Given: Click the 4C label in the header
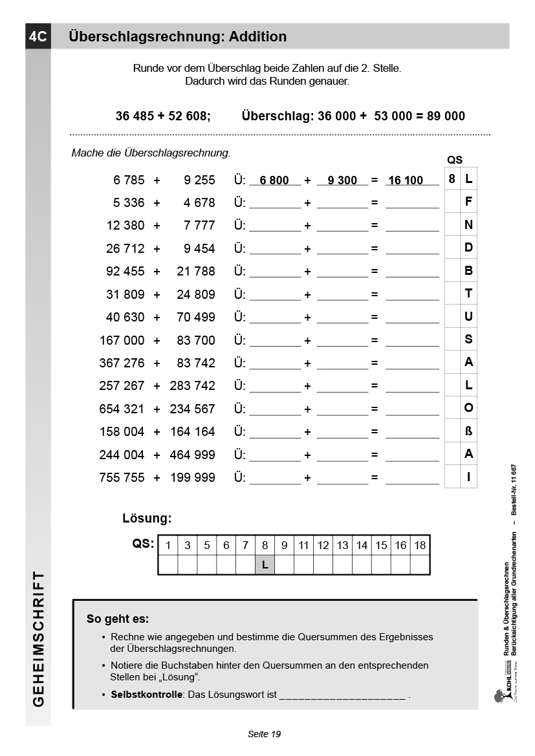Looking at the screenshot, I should click(38, 37).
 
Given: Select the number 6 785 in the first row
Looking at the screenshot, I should click(129, 180).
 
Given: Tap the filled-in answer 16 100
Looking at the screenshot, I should click(406, 180).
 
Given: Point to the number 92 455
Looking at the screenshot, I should click(126, 271).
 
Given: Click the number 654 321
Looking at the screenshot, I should click(122, 409).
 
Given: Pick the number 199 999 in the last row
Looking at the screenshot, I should click(192, 477).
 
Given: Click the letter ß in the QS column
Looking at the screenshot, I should click(468, 431).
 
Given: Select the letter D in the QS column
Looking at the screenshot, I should click(468, 248).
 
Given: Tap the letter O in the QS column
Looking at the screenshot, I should click(468, 408).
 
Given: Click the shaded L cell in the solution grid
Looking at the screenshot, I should click(265, 565).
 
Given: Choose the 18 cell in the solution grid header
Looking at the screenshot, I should click(420, 545).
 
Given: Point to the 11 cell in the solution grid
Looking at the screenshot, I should click(303, 545).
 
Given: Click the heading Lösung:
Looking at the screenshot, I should click(147, 518).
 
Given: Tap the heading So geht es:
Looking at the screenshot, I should click(118, 619).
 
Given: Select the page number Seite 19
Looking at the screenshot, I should click(264, 734).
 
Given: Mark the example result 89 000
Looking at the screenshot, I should click(445, 116).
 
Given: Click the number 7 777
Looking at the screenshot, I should click(199, 225).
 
